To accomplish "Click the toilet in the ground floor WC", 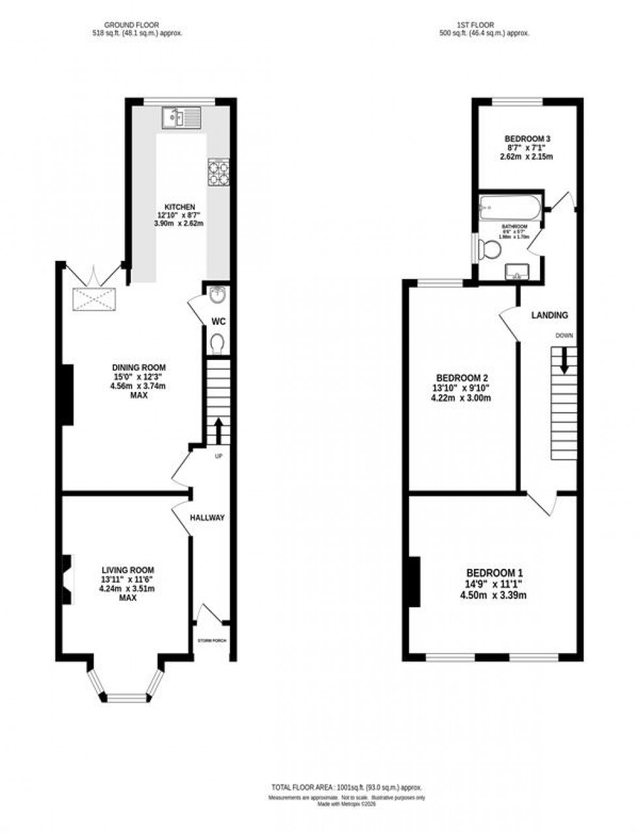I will tap(218, 342).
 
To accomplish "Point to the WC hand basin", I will tap(217, 296).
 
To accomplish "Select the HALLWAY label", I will tap(207, 517).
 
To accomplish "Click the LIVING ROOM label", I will tap(128, 569).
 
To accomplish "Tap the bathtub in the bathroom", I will tap(510, 209).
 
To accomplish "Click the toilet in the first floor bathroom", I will tap(486, 249).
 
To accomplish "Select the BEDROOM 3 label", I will tap(528, 138).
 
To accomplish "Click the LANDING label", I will tap(549, 315).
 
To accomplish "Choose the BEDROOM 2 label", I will tap(462, 378).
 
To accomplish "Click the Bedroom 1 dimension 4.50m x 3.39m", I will tap(493, 595).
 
